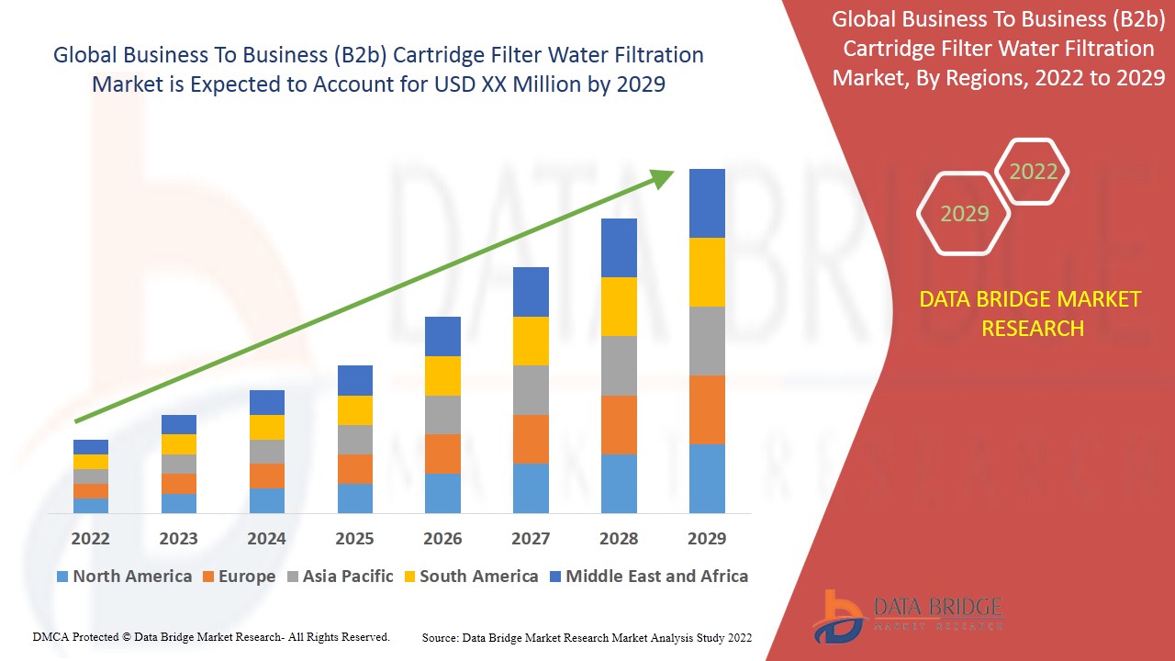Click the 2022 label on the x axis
[90, 538]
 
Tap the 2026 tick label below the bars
[442, 538]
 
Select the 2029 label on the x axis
[707, 538]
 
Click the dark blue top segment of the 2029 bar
[707, 203]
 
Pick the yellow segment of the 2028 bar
[619, 306]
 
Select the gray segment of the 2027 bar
[531, 390]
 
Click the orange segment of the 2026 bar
[442, 454]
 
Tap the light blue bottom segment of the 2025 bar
[354, 498]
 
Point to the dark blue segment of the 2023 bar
[179, 424]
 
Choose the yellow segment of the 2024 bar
[267, 427]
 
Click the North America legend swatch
[62, 577]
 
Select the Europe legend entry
[238, 577]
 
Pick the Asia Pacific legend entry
[339, 577]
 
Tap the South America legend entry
[469, 577]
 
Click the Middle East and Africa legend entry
[648, 577]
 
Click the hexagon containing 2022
[1033, 172]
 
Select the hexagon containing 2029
[964, 214]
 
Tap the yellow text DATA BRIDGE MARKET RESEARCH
[1030, 313]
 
